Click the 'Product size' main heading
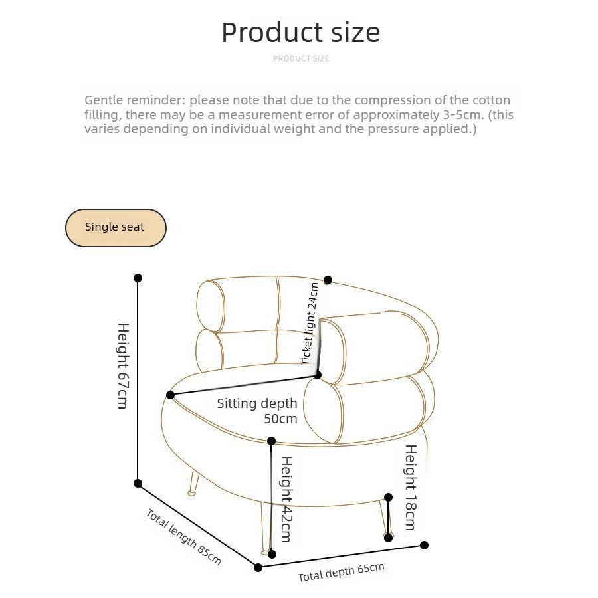pos(300,32)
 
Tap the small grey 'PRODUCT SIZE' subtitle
pos(301,58)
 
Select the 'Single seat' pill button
pos(116,227)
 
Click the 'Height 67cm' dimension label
pos(123,365)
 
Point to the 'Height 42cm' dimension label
pos(286,499)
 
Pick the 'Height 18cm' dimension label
pos(411,488)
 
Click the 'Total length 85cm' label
pos(183,537)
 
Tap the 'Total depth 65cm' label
pos(341,573)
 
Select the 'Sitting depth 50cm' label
pos(257,411)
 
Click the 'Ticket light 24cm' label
pos(310,324)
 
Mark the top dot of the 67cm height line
pos(138,278)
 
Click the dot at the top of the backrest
pos(328,280)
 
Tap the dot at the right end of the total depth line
pos(424,546)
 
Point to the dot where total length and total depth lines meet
pos(258,568)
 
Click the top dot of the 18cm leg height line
pos(388,497)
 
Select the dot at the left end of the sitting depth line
pos(171,395)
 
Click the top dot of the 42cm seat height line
pos(272,441)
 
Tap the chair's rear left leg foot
pos(192,493)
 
